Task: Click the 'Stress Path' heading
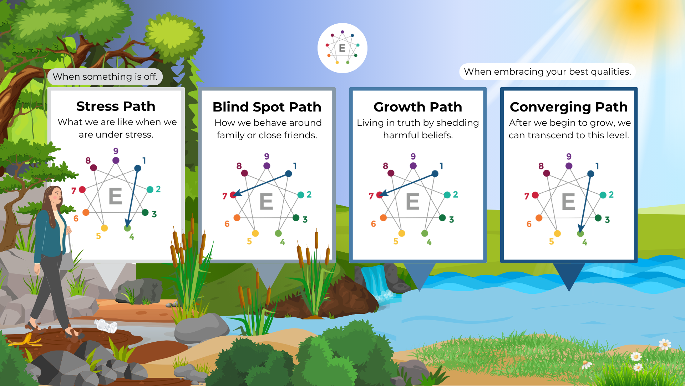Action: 116,106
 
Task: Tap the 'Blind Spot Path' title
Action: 267,107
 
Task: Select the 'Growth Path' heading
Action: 418,107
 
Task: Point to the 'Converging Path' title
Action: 569,107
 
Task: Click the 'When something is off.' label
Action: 105,76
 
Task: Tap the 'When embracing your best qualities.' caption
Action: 547,71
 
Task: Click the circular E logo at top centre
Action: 342,48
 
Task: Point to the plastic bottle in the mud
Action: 106,326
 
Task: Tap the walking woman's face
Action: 55,196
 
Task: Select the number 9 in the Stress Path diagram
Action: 116,151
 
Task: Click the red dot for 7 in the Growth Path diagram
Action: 380,195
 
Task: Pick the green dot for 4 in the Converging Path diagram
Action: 580,233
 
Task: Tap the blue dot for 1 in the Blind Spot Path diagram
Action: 289,174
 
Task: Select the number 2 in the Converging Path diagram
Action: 611,194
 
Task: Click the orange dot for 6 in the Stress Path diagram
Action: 86,212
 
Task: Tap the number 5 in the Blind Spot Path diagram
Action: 249,242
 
